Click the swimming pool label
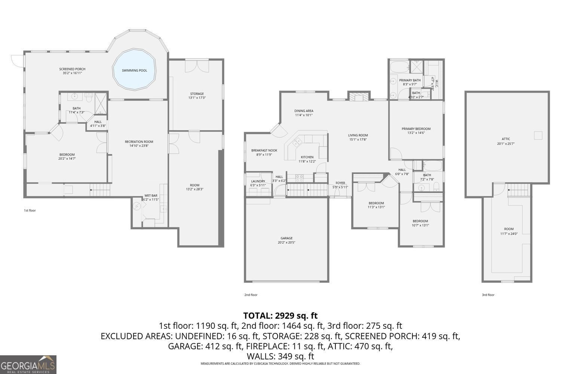click(134, 70)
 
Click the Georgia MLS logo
click(28, 365)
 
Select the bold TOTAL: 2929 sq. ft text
click(280, 315)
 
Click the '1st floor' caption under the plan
click(30, 211)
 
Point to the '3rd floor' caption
click(488, 295)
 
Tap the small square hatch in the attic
click(538, 135)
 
